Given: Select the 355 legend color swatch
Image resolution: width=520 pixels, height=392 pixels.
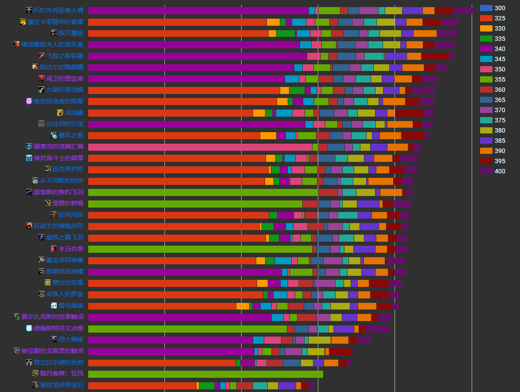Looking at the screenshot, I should tap(486, 79).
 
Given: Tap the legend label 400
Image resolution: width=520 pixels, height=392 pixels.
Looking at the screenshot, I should tap(500, 171).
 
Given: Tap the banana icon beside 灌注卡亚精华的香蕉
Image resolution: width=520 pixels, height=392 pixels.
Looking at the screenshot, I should tap(23, 22).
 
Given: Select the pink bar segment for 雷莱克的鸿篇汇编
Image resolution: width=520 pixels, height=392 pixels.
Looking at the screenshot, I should tap(200, 147).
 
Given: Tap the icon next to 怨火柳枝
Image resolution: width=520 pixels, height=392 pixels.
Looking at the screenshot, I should tap(54, 340).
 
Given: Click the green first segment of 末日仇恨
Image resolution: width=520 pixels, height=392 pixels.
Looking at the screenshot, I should tap(200, 249).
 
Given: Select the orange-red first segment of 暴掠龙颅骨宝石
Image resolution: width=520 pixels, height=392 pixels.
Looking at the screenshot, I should tap(142, 385).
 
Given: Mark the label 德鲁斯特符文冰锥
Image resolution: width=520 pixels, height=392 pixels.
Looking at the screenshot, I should tap(59, 329).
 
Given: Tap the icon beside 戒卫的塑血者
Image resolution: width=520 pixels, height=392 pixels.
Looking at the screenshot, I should tap(42, 78).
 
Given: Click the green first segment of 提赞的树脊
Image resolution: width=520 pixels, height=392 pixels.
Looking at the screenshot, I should tap(195, 204).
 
